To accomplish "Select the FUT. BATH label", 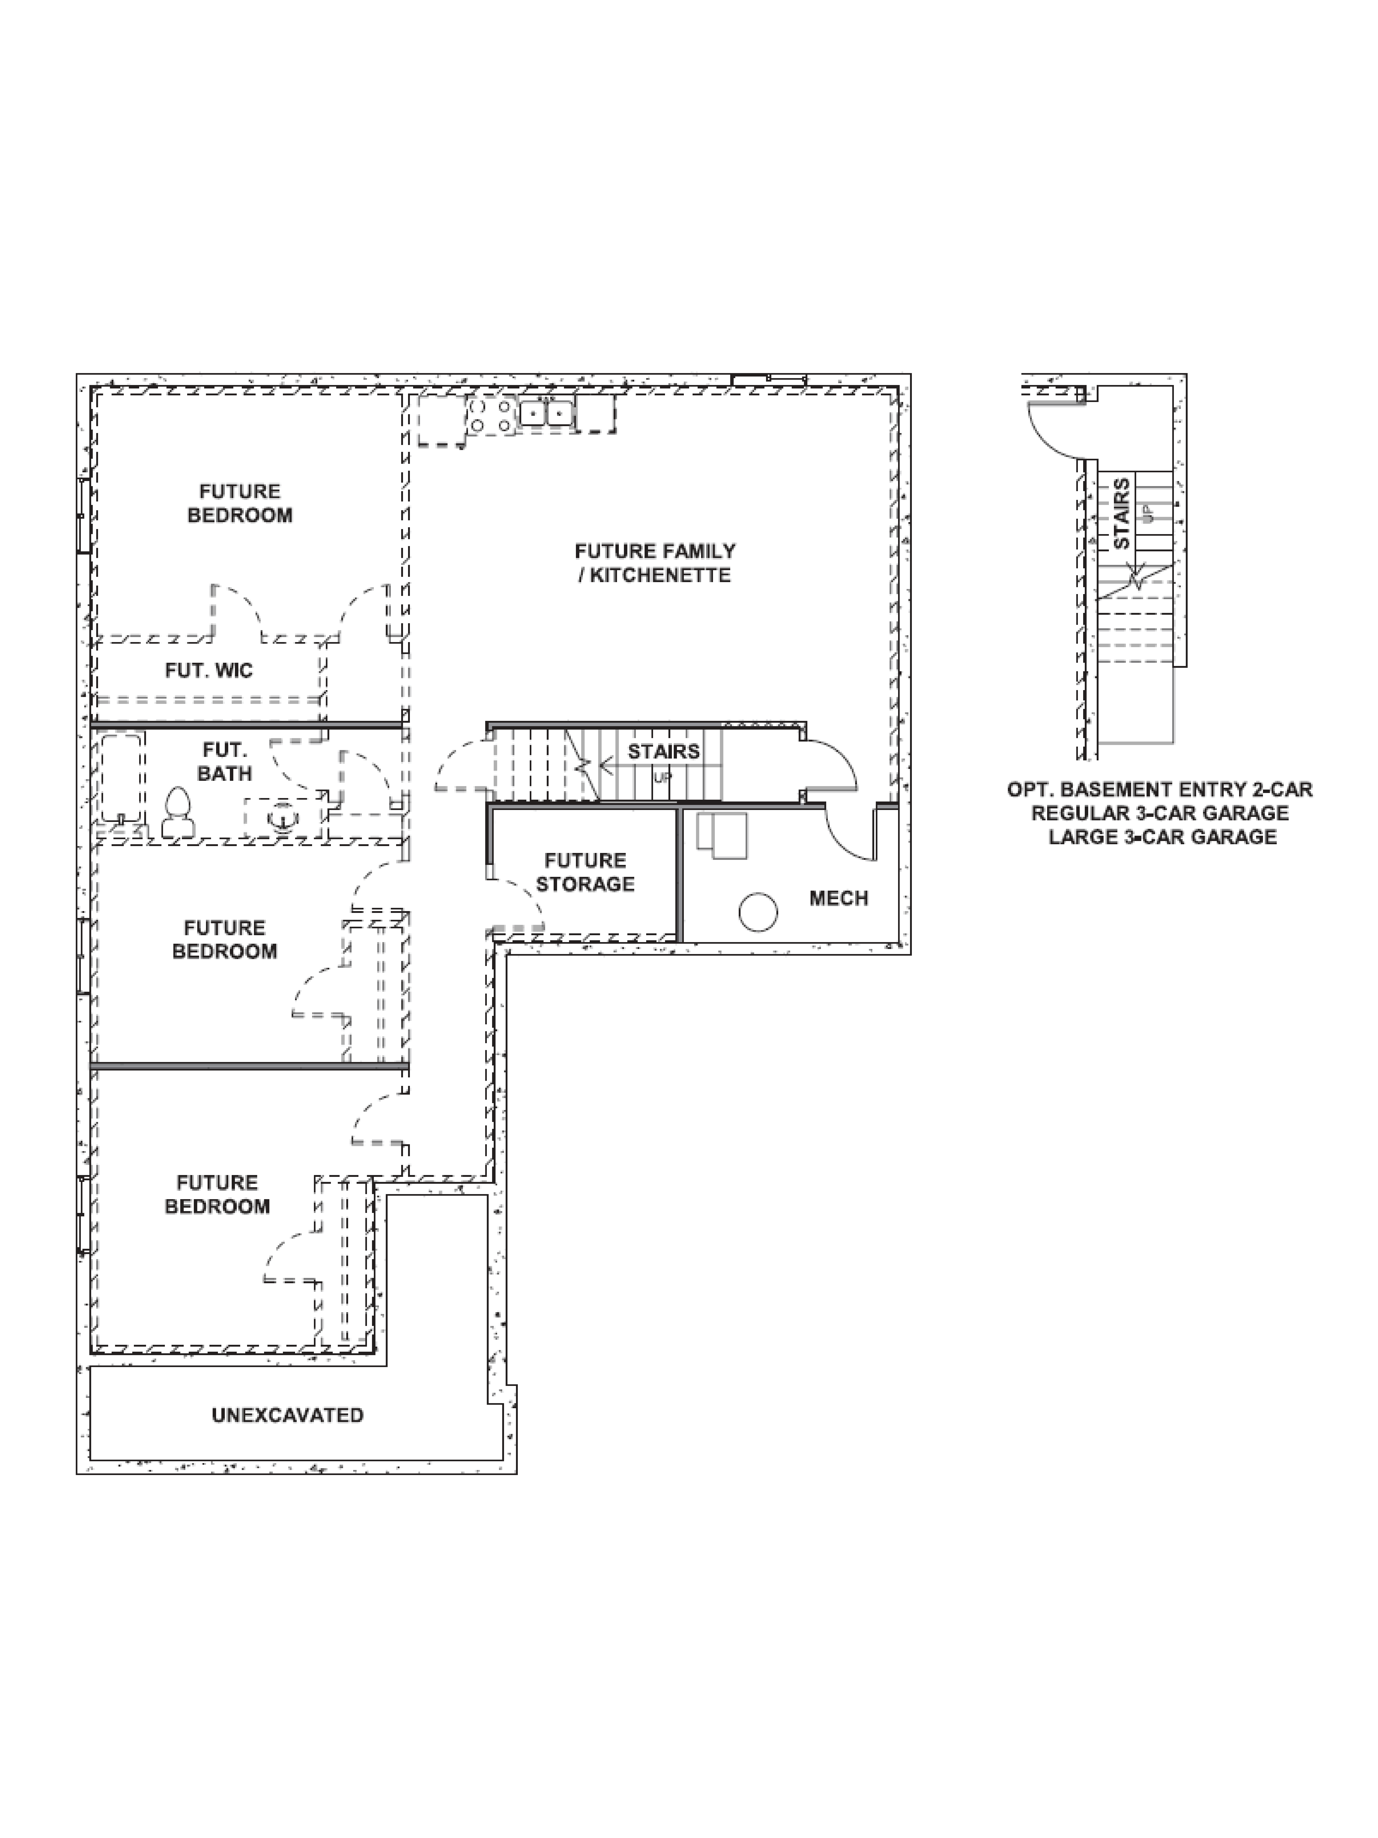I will click(x=224, y=761).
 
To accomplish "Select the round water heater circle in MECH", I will click(x=758, y=912).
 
